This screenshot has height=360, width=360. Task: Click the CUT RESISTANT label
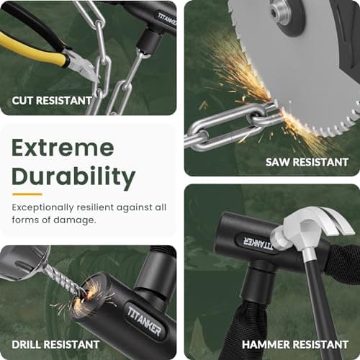coord(52,100)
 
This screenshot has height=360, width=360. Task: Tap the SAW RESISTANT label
coord(307,162)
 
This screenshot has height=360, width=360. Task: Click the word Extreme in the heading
coord(62,148)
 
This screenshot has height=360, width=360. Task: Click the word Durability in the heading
coord(73,176)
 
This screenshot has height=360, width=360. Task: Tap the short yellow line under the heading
coord(27,194)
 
